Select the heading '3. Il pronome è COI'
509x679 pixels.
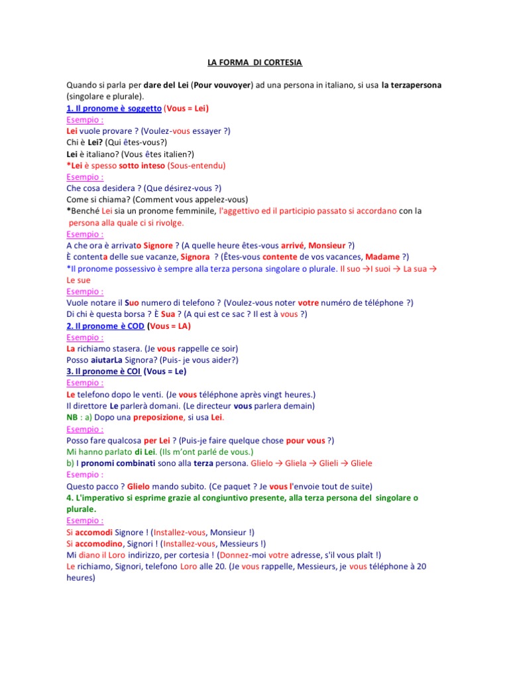[103, 371]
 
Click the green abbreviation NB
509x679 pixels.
[72, 417]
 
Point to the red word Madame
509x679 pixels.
[382, 257]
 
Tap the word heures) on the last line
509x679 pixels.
[81, 577]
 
